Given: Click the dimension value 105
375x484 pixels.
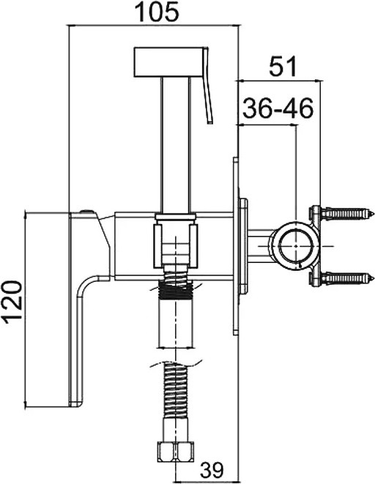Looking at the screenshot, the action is [157, 12].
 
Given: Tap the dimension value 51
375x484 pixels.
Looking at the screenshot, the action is [283, 66].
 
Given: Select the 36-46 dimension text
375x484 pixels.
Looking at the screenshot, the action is [278, 108].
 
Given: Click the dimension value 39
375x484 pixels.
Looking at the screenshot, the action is [212, 471].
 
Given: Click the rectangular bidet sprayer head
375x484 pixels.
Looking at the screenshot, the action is [169, 62].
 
